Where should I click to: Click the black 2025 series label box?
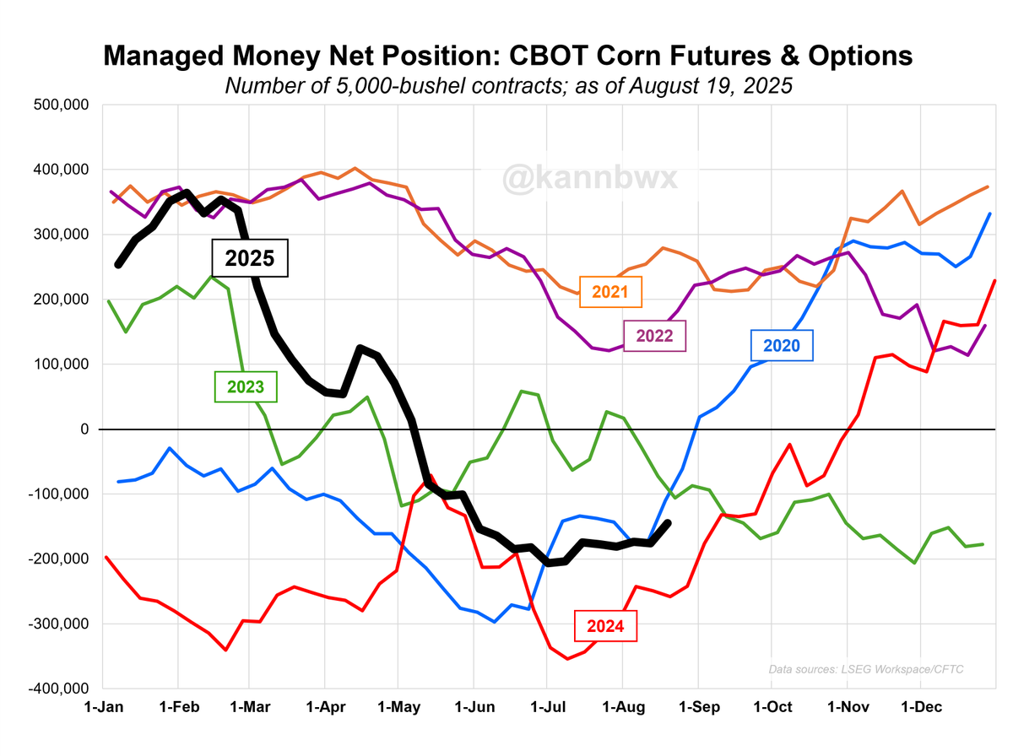[x=250, y=258]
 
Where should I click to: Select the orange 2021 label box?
[x=611, y=292]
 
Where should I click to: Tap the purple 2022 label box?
[x=655, y=336]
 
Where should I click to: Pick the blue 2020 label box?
[x=782, y=345]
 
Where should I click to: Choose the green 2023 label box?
[x=245, y=388]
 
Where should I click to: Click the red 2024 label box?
[x=606, y=626]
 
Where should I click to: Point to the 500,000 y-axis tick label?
[x=62, y=105]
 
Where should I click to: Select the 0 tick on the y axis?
[x=84, y=429]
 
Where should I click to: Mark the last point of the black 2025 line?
[x=669, y=523]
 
